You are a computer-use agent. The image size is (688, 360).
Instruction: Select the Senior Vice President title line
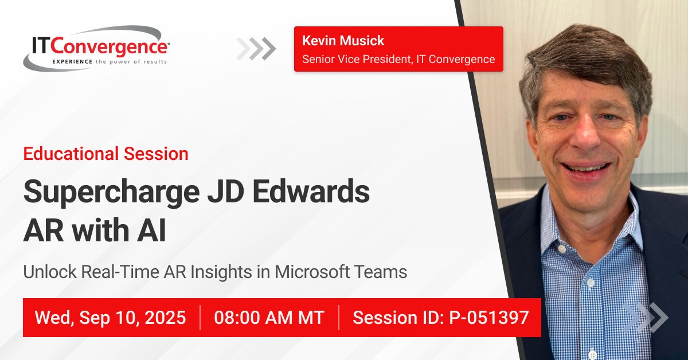coord(398,59)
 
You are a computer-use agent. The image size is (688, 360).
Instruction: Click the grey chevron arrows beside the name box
coord(257,49)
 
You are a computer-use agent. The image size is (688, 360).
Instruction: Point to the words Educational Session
coord(105,154)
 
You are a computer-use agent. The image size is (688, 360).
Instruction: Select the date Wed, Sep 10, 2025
coord(110,318)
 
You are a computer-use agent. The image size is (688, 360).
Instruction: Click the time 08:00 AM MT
coord(269,318)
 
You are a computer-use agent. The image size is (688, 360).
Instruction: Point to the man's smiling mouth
coord(585,168)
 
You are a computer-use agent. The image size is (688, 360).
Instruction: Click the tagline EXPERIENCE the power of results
coord(110,61)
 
